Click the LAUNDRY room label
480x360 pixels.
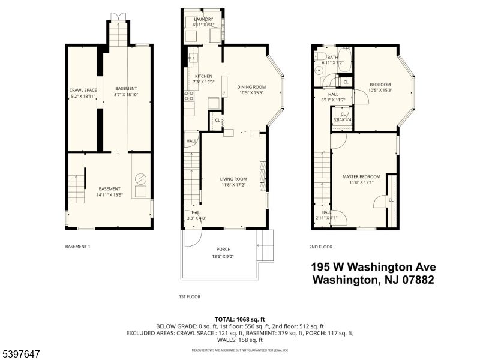(203, 19)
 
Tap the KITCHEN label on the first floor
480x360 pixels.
(204, 76)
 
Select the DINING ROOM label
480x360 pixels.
(251, 87)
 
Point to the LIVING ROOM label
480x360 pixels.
(233, 179)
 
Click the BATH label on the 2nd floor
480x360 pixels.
(332, 58)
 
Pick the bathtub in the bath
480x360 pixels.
(344, 60)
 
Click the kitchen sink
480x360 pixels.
(193, 58)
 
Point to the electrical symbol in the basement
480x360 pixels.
(140, 178)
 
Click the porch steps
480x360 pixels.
(265, 246)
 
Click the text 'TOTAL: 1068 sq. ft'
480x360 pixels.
(239, 319)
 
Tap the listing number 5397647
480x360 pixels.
(20, 354)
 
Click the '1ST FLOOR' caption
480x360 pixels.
(190, 296)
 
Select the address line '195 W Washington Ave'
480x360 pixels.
(373, 267)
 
